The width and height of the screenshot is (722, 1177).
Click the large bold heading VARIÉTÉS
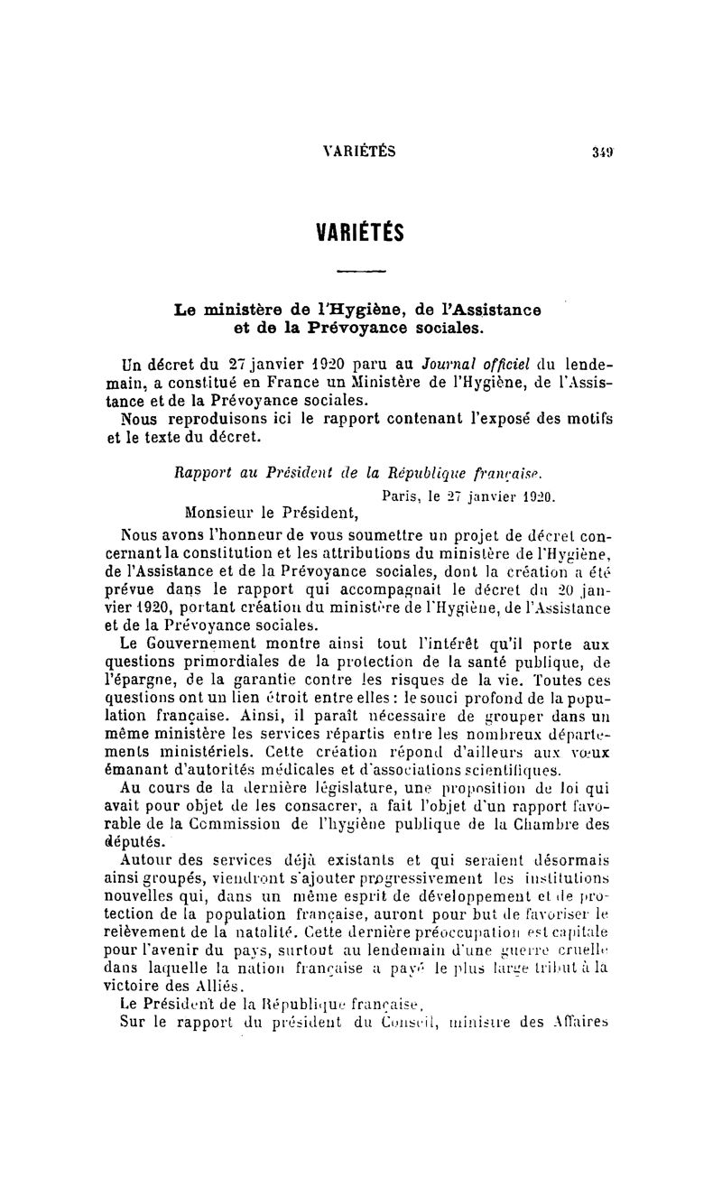pyautogui.click(x=359, y=233)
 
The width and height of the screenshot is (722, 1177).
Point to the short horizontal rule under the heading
pyautogui.click(x=360, y=271)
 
